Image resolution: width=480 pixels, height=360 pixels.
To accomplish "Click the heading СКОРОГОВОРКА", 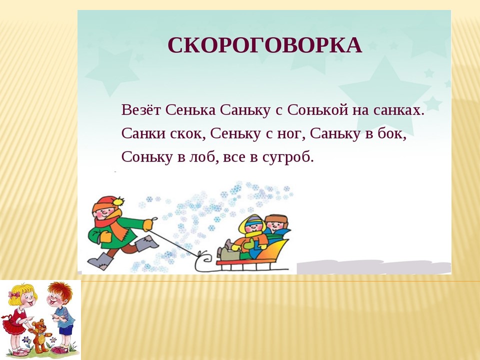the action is pos(265,45).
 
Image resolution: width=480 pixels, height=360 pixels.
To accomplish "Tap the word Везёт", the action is pos(141,110).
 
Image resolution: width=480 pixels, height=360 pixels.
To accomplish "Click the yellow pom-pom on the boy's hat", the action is pos(118,201).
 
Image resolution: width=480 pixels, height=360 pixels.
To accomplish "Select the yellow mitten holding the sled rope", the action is pos(148,224).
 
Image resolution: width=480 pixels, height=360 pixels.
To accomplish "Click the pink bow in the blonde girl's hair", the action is pos(14,294).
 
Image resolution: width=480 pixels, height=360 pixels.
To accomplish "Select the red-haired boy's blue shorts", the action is pos(65,330).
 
